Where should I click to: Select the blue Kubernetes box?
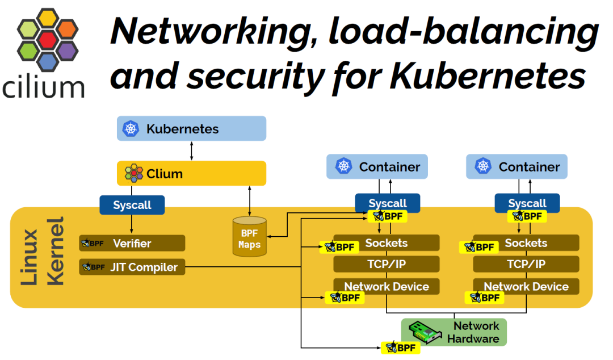[191, 129]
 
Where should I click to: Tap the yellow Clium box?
[191, 173]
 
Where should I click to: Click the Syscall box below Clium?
[132, 205]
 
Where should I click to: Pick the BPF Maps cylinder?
[249, 236]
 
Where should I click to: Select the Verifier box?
[132, 244]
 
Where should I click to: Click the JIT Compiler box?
[132, 267]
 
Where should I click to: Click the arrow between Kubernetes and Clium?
[191, 150]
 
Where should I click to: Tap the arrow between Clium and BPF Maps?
[249, 200]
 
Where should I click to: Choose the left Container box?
[377, 166]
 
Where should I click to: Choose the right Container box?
[517, 166]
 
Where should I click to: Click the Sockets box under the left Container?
[386, 243]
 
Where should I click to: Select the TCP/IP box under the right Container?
[526, 264]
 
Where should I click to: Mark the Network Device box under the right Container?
[526, 286]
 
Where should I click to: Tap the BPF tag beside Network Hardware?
[400, 348]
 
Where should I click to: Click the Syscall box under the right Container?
[527, 203]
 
